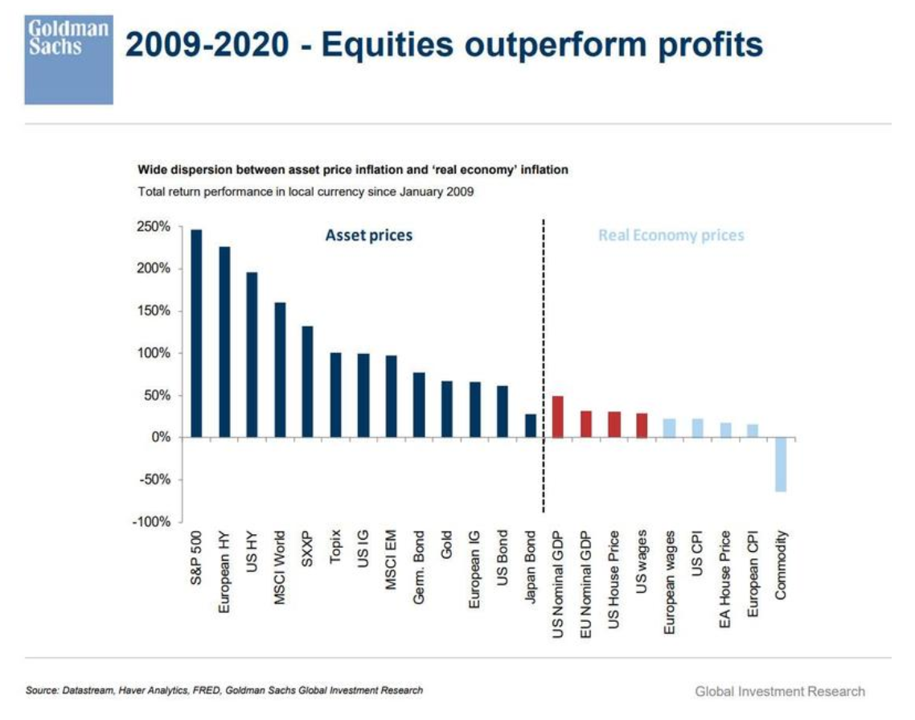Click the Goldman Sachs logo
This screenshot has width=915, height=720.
click(x=68, y=53)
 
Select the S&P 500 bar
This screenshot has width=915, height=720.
click(x=196, y=333)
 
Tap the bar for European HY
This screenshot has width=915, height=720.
click(x=224, y=342)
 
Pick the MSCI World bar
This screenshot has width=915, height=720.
click(x=280, y=370)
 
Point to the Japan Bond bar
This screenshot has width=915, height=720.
click(x=531, y=426)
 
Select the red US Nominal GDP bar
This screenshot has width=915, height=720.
click(x=558, y=417)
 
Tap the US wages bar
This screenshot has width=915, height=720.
click(x=642, y=425)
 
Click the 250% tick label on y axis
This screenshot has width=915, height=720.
click(x=154, y=227)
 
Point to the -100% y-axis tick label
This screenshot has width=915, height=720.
click(x=153, y=522)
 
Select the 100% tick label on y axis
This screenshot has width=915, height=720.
click(x=154, y=353)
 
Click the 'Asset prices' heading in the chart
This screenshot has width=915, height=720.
click(x=368, y=236)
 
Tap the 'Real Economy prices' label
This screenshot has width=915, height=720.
click(x=671, y=236)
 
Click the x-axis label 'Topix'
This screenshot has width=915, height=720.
click(x=336, y=548)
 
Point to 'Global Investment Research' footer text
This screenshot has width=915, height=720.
click(x=780, y=692)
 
